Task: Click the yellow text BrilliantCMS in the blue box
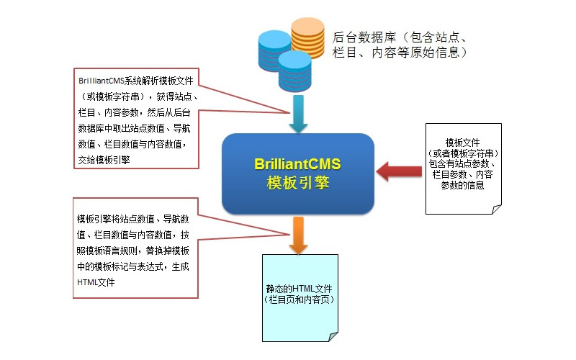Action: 297,164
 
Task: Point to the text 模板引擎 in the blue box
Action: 297,182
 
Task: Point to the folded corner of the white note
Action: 496,208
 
